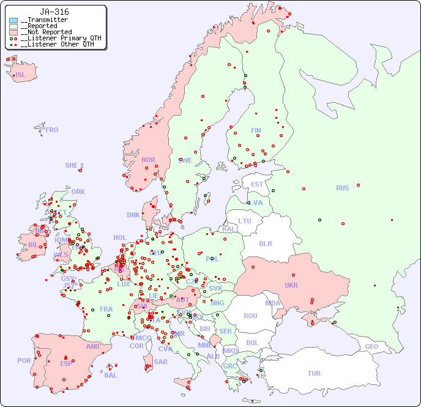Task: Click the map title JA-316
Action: coord(54,12)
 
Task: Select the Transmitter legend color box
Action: coord(13,20)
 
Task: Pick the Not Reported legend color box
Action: coord(13,32)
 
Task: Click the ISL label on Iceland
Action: coord(21,75)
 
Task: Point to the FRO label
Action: coord(52,130)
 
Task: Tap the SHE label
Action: coord(72,165)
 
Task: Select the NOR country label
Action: coord(148,160)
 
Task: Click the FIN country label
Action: coord(256,130)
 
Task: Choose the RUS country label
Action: coord(342,188)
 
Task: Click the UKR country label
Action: coord(291,285)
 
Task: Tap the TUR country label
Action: coord(314,373)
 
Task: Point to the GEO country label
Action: coord(371,346)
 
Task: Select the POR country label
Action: coord(24,360)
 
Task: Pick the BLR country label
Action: coord(266,243)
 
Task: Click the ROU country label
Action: coord(250,316)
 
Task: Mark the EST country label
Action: coord(257,184)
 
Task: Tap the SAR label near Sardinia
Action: coord(161,362)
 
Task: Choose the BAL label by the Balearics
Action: coord(111,375)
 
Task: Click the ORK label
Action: coord(78,192)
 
